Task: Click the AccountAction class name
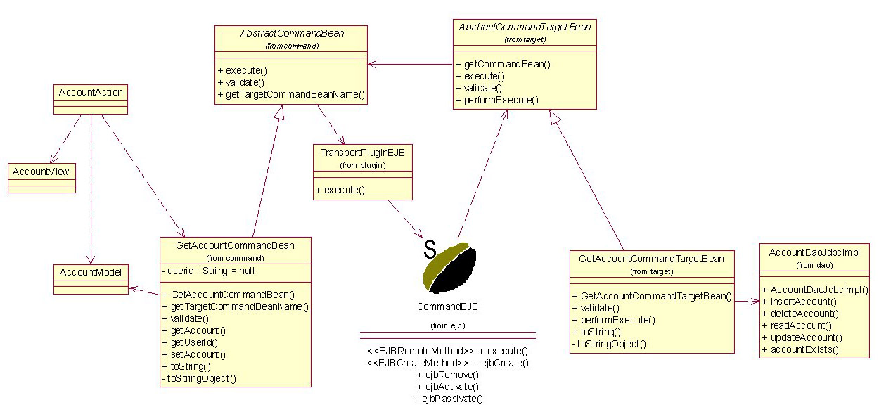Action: tap(91, 92)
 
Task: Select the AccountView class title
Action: tap(41, 172)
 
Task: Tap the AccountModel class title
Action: tap(91, 272)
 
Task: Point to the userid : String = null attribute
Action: tap(208, 271)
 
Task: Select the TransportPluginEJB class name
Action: tap(363, 153)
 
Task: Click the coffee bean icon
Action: tap(450, 268)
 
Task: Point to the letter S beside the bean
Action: tap(430, 249)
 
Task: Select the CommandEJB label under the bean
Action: tap(447, 306)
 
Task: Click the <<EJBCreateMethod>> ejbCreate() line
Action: tap(447, 363)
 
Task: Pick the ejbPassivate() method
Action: tap(448, 399)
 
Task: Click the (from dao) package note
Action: tap(814, 265)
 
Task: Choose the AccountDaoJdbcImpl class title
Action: tap(814, 253)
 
